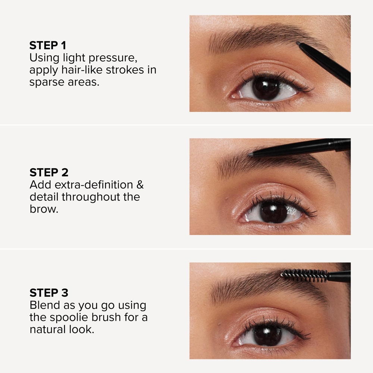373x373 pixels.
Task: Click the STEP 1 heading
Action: [48, 46]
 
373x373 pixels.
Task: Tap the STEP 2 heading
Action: [49, 172]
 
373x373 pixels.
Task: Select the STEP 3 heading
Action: [49, 292]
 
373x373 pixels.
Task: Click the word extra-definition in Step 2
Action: [94, 185]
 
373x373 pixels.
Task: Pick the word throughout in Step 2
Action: [97, 197]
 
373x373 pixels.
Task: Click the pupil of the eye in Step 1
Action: [266, 89]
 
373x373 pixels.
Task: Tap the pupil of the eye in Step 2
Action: [273, 212]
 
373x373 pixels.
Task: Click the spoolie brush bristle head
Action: [304, 275]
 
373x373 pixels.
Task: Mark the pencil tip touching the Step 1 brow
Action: [298, 44]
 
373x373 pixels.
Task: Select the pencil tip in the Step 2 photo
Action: [251, 153]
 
